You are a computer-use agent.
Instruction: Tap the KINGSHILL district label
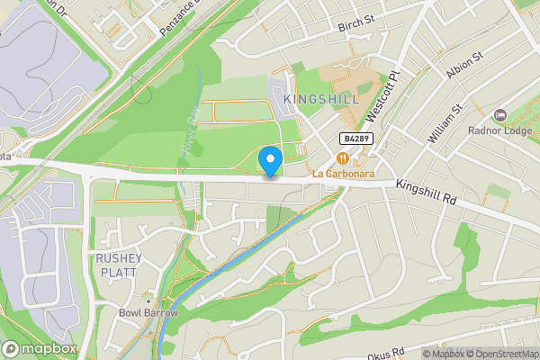[321, 98]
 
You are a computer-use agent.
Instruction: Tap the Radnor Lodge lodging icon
[501, 115]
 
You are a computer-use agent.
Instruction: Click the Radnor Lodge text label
[500, 130]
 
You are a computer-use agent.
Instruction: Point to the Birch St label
[355, 27]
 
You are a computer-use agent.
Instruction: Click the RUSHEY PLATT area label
[118, 265]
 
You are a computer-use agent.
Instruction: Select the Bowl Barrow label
[148, 312]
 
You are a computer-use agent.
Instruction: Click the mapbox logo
[40, 348]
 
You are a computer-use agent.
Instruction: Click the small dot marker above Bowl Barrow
[148, 298]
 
